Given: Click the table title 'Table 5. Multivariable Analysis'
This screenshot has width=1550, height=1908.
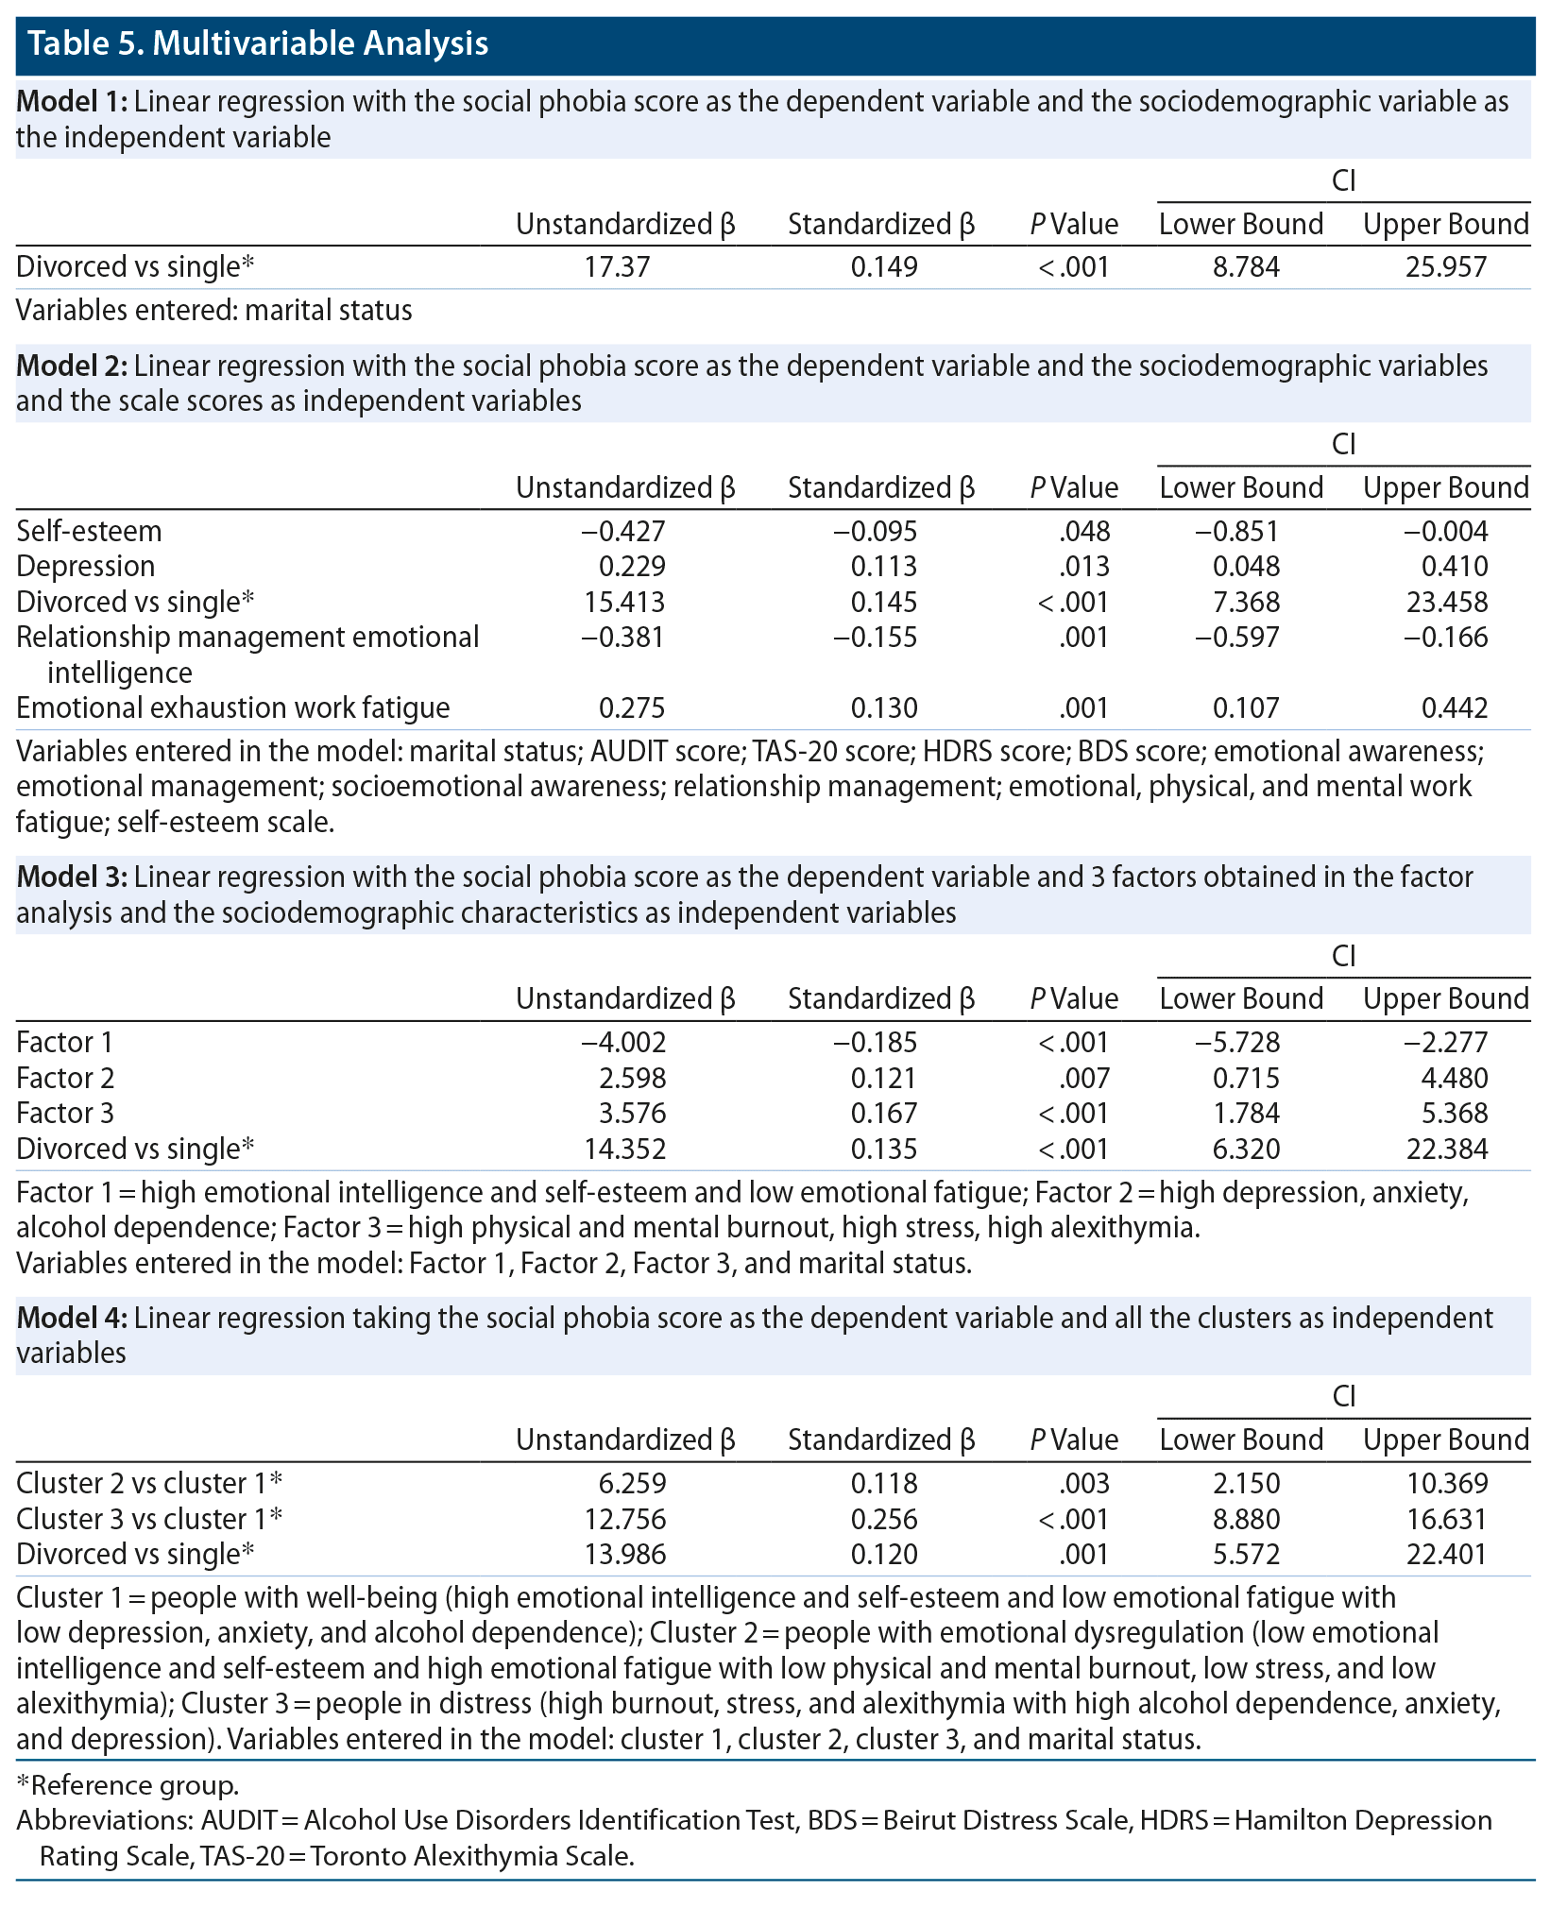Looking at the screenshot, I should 258,43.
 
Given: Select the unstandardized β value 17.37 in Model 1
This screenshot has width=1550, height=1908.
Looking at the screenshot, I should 616,267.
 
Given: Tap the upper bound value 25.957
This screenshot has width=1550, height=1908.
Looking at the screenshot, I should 1446,267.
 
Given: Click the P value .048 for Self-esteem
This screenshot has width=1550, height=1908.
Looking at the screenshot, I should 1084,532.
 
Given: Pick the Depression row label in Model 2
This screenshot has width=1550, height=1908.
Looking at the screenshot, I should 86,567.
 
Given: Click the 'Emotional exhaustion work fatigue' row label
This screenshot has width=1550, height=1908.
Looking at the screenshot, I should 233,708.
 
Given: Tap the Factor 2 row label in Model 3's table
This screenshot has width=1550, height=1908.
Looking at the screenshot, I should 65,1079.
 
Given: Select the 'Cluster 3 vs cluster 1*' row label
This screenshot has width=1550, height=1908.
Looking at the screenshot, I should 149,1519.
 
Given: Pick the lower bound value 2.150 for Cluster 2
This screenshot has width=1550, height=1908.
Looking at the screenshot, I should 1246,1484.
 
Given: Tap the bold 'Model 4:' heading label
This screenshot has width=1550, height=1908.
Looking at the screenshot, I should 72,1318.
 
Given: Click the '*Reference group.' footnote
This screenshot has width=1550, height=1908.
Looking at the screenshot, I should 128,1785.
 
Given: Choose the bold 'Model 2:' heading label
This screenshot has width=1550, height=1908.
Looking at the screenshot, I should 72,366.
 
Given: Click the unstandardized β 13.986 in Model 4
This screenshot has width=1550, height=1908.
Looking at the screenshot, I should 625,1554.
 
